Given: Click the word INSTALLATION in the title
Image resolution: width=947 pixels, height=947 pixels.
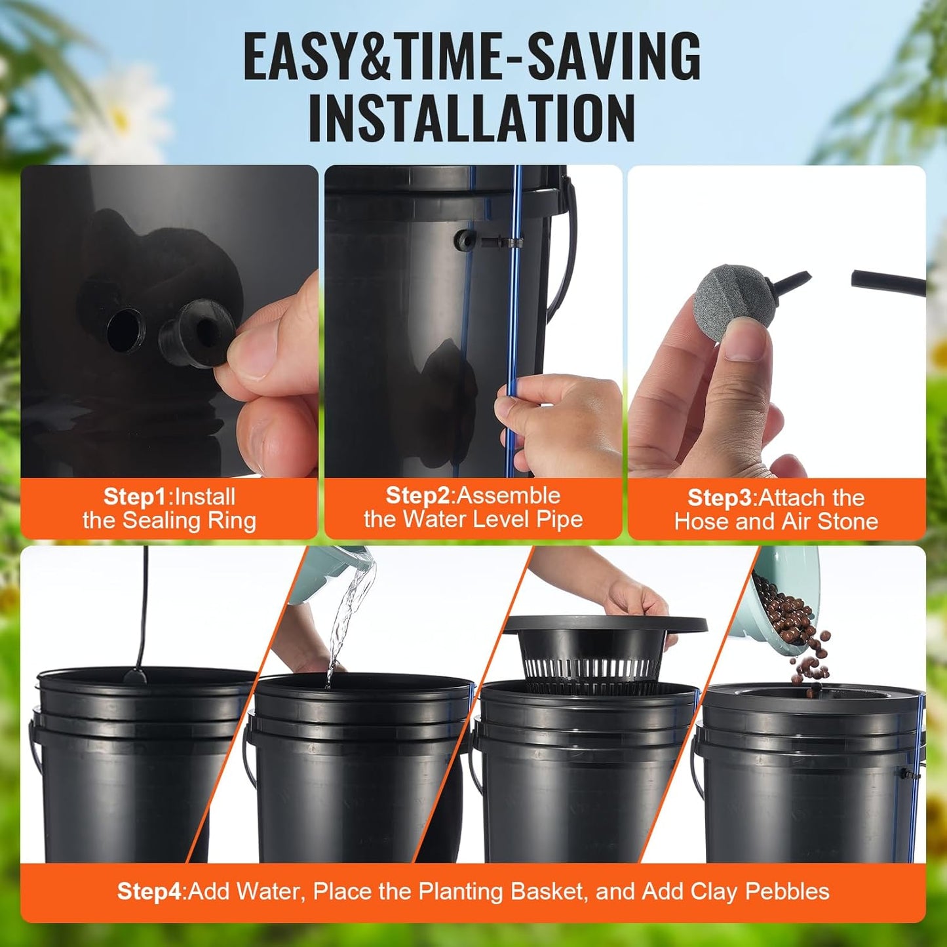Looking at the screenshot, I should tap(472, 118).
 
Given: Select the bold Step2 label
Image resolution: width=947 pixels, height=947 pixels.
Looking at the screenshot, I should tap(417, 495).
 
